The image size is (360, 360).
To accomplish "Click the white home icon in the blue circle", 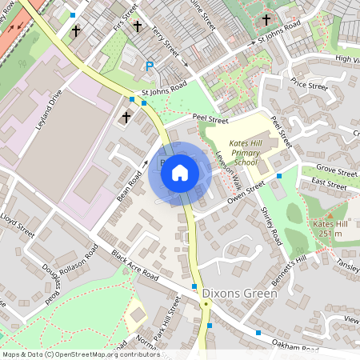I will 180,172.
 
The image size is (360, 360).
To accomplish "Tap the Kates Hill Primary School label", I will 237,151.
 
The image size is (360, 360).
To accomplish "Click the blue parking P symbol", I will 149,67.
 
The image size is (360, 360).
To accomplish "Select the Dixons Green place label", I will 239,294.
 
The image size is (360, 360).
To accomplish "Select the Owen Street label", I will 245,193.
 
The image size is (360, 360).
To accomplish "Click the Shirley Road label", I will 271,226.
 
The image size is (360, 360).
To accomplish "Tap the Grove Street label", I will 336,170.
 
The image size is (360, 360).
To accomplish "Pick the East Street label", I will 329,183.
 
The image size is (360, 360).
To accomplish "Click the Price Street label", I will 310,85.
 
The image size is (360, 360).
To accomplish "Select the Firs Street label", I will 122,17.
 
